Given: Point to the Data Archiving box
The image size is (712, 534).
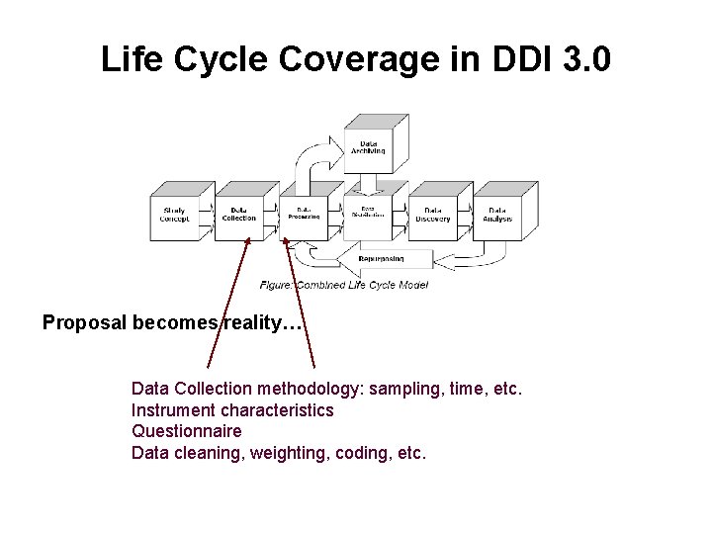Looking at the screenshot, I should pos(369,147).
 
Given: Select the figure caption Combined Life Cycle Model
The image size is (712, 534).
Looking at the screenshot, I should pos(344,285).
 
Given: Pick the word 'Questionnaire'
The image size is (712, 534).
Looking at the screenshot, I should pos(186,431).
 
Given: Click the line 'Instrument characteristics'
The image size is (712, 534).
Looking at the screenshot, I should pos(232,409).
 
